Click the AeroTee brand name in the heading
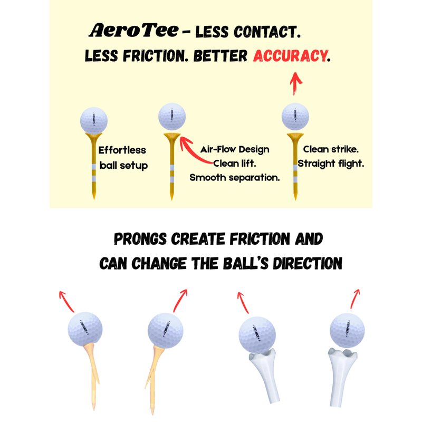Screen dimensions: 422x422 click(134, 30)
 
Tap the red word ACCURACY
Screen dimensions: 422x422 click(290, 56)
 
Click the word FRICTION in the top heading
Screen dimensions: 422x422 click(155, 56)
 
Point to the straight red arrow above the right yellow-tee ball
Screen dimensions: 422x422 click(295, 83)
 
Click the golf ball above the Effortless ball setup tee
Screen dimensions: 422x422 click(94, 121)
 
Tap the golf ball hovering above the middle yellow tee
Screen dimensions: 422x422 click(172, 117)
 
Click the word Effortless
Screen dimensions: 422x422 click(122, 150)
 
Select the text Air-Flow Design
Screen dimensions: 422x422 click(235, 149)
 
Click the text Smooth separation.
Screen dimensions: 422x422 click(235, 178)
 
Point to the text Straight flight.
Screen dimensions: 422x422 click(331, 164)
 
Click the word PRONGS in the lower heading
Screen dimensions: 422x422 click(140, 239)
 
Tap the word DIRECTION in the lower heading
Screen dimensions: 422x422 click(308, 263)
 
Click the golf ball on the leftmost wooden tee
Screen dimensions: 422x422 click(85, 329)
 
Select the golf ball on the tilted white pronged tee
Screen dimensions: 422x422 click(257, 335)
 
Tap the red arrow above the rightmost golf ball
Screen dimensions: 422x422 click(355, 299)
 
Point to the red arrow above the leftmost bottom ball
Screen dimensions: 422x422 click(66, 301)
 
